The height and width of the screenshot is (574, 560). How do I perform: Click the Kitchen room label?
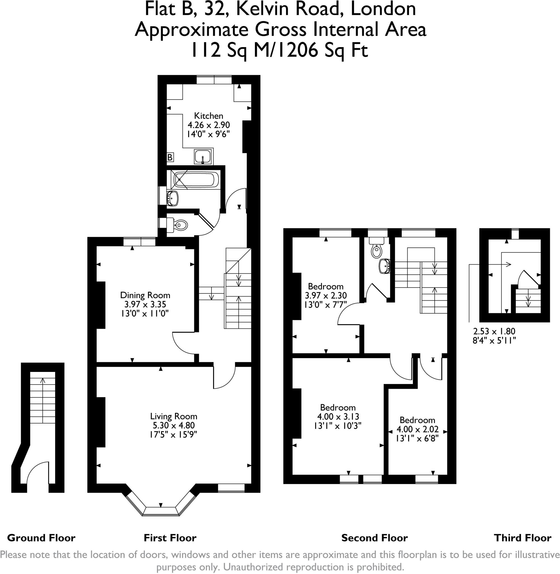click(208, 116)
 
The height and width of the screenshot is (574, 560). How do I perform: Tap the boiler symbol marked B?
click(170, 158)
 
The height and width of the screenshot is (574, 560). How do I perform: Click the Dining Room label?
click(145, 295)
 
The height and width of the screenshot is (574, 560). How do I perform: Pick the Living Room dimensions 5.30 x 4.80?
click(173, 425)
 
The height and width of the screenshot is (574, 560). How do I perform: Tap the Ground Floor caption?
click(41, 538)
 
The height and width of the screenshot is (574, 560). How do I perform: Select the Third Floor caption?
click(523, 538)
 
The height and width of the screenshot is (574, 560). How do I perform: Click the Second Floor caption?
click(375, 538)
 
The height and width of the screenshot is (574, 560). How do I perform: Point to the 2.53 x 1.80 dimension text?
click(494, 331)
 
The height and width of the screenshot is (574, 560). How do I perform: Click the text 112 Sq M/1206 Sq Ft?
click(279, 50)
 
